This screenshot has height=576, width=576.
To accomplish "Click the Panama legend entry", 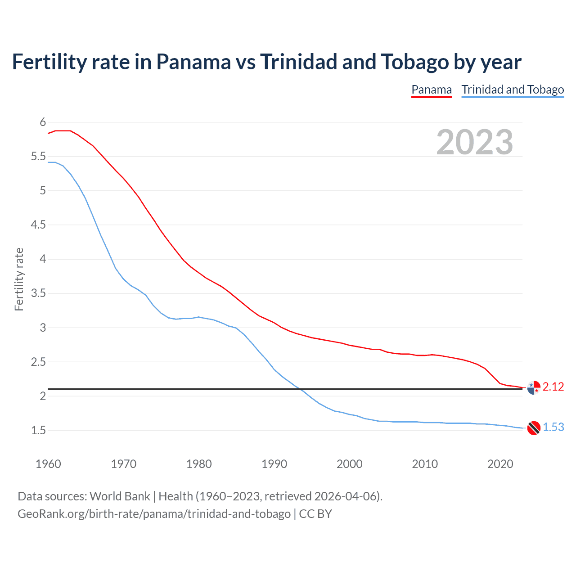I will (431, 90).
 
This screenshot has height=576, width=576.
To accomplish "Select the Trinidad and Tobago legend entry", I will (513, 90).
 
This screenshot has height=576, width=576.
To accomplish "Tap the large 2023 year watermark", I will (474, 142).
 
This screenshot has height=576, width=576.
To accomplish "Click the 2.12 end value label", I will (553, 387).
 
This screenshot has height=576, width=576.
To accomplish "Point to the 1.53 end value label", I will (553, 427).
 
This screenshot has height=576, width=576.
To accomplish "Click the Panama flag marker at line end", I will (534, 387).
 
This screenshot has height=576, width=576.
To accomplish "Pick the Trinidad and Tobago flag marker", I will (534, 428).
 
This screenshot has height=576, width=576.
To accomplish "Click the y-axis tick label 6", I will (43, 122).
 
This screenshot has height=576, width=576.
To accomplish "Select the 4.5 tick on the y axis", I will (38, 225).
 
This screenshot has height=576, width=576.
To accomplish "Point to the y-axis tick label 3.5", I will (38, 293).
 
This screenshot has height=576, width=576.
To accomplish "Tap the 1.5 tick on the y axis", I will (38, 431).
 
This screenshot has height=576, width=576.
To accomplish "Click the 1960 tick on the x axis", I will (48, 464).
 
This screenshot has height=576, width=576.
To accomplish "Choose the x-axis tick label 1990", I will (274, 464).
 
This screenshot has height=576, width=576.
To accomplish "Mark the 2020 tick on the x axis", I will (500, 464).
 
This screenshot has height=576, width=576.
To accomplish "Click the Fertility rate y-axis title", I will (19, 279).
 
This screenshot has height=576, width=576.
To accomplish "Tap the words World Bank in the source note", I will (120, 496).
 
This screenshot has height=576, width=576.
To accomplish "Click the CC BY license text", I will (315, 514).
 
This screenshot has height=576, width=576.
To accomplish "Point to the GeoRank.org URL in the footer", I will (154, 514).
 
